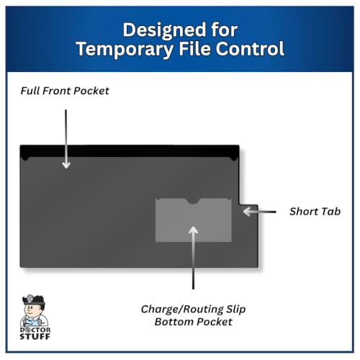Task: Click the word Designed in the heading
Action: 164,30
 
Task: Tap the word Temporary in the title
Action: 125,49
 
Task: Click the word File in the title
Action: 194,48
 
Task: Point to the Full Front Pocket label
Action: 65,91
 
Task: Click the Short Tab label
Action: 315,212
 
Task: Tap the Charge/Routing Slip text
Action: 193,309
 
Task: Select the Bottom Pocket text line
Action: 193,322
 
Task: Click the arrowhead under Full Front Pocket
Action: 66,165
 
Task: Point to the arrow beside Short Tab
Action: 259,212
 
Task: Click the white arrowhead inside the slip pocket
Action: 193,230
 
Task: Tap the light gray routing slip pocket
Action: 194,220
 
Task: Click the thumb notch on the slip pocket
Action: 194,201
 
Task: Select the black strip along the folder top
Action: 130,151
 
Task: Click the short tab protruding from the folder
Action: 248,235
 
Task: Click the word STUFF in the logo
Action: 35,336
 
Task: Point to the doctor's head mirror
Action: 30,299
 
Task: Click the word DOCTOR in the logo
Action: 35,330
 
